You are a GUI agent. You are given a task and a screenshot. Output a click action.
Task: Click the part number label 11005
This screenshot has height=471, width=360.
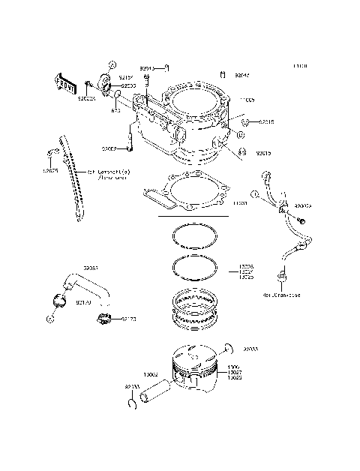[247, 100]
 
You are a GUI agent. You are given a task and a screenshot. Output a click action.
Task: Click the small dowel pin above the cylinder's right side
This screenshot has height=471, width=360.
[223, 74]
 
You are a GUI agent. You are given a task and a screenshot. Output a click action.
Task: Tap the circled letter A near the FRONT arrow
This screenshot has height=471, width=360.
[111, 64]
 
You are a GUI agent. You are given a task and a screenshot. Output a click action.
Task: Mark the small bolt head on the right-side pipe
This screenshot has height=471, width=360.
[301, 221]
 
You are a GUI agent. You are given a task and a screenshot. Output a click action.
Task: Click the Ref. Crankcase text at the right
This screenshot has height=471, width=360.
[302, 295]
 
